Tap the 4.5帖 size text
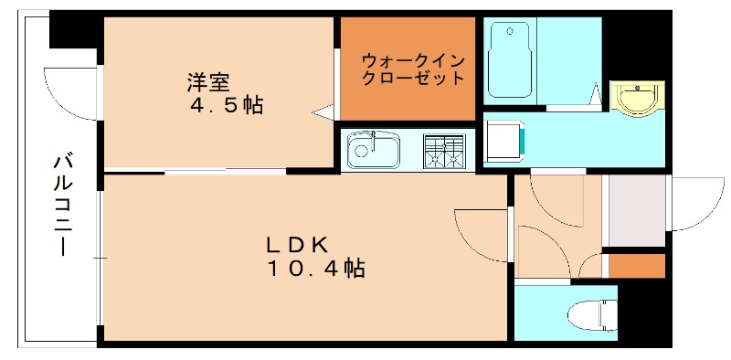pos(225,105)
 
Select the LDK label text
pos(297,246)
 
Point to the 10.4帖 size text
pos(316,269)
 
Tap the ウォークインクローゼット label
pos(408,69)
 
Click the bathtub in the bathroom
pos(510,59)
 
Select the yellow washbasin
pos(635,99)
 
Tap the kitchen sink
pos(373,151)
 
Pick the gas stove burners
pos(443,152)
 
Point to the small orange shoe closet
pos(635,266)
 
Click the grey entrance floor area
pos(636,211)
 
